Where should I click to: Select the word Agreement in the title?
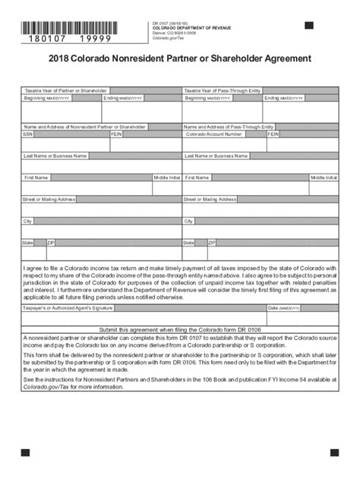[278, 58]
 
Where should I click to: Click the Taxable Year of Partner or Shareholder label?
[66, 90]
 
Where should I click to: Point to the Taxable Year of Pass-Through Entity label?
[223, 90]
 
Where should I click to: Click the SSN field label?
[29, 134]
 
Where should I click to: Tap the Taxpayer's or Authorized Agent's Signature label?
[69, 308]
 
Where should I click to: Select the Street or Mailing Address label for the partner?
[49, 199]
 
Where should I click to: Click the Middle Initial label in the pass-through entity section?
[324, 177]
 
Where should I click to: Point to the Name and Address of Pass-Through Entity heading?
[229, 126]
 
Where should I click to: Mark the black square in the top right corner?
[309, 25]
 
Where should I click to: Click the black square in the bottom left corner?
[25, 452]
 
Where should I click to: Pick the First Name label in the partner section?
[36, 177]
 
